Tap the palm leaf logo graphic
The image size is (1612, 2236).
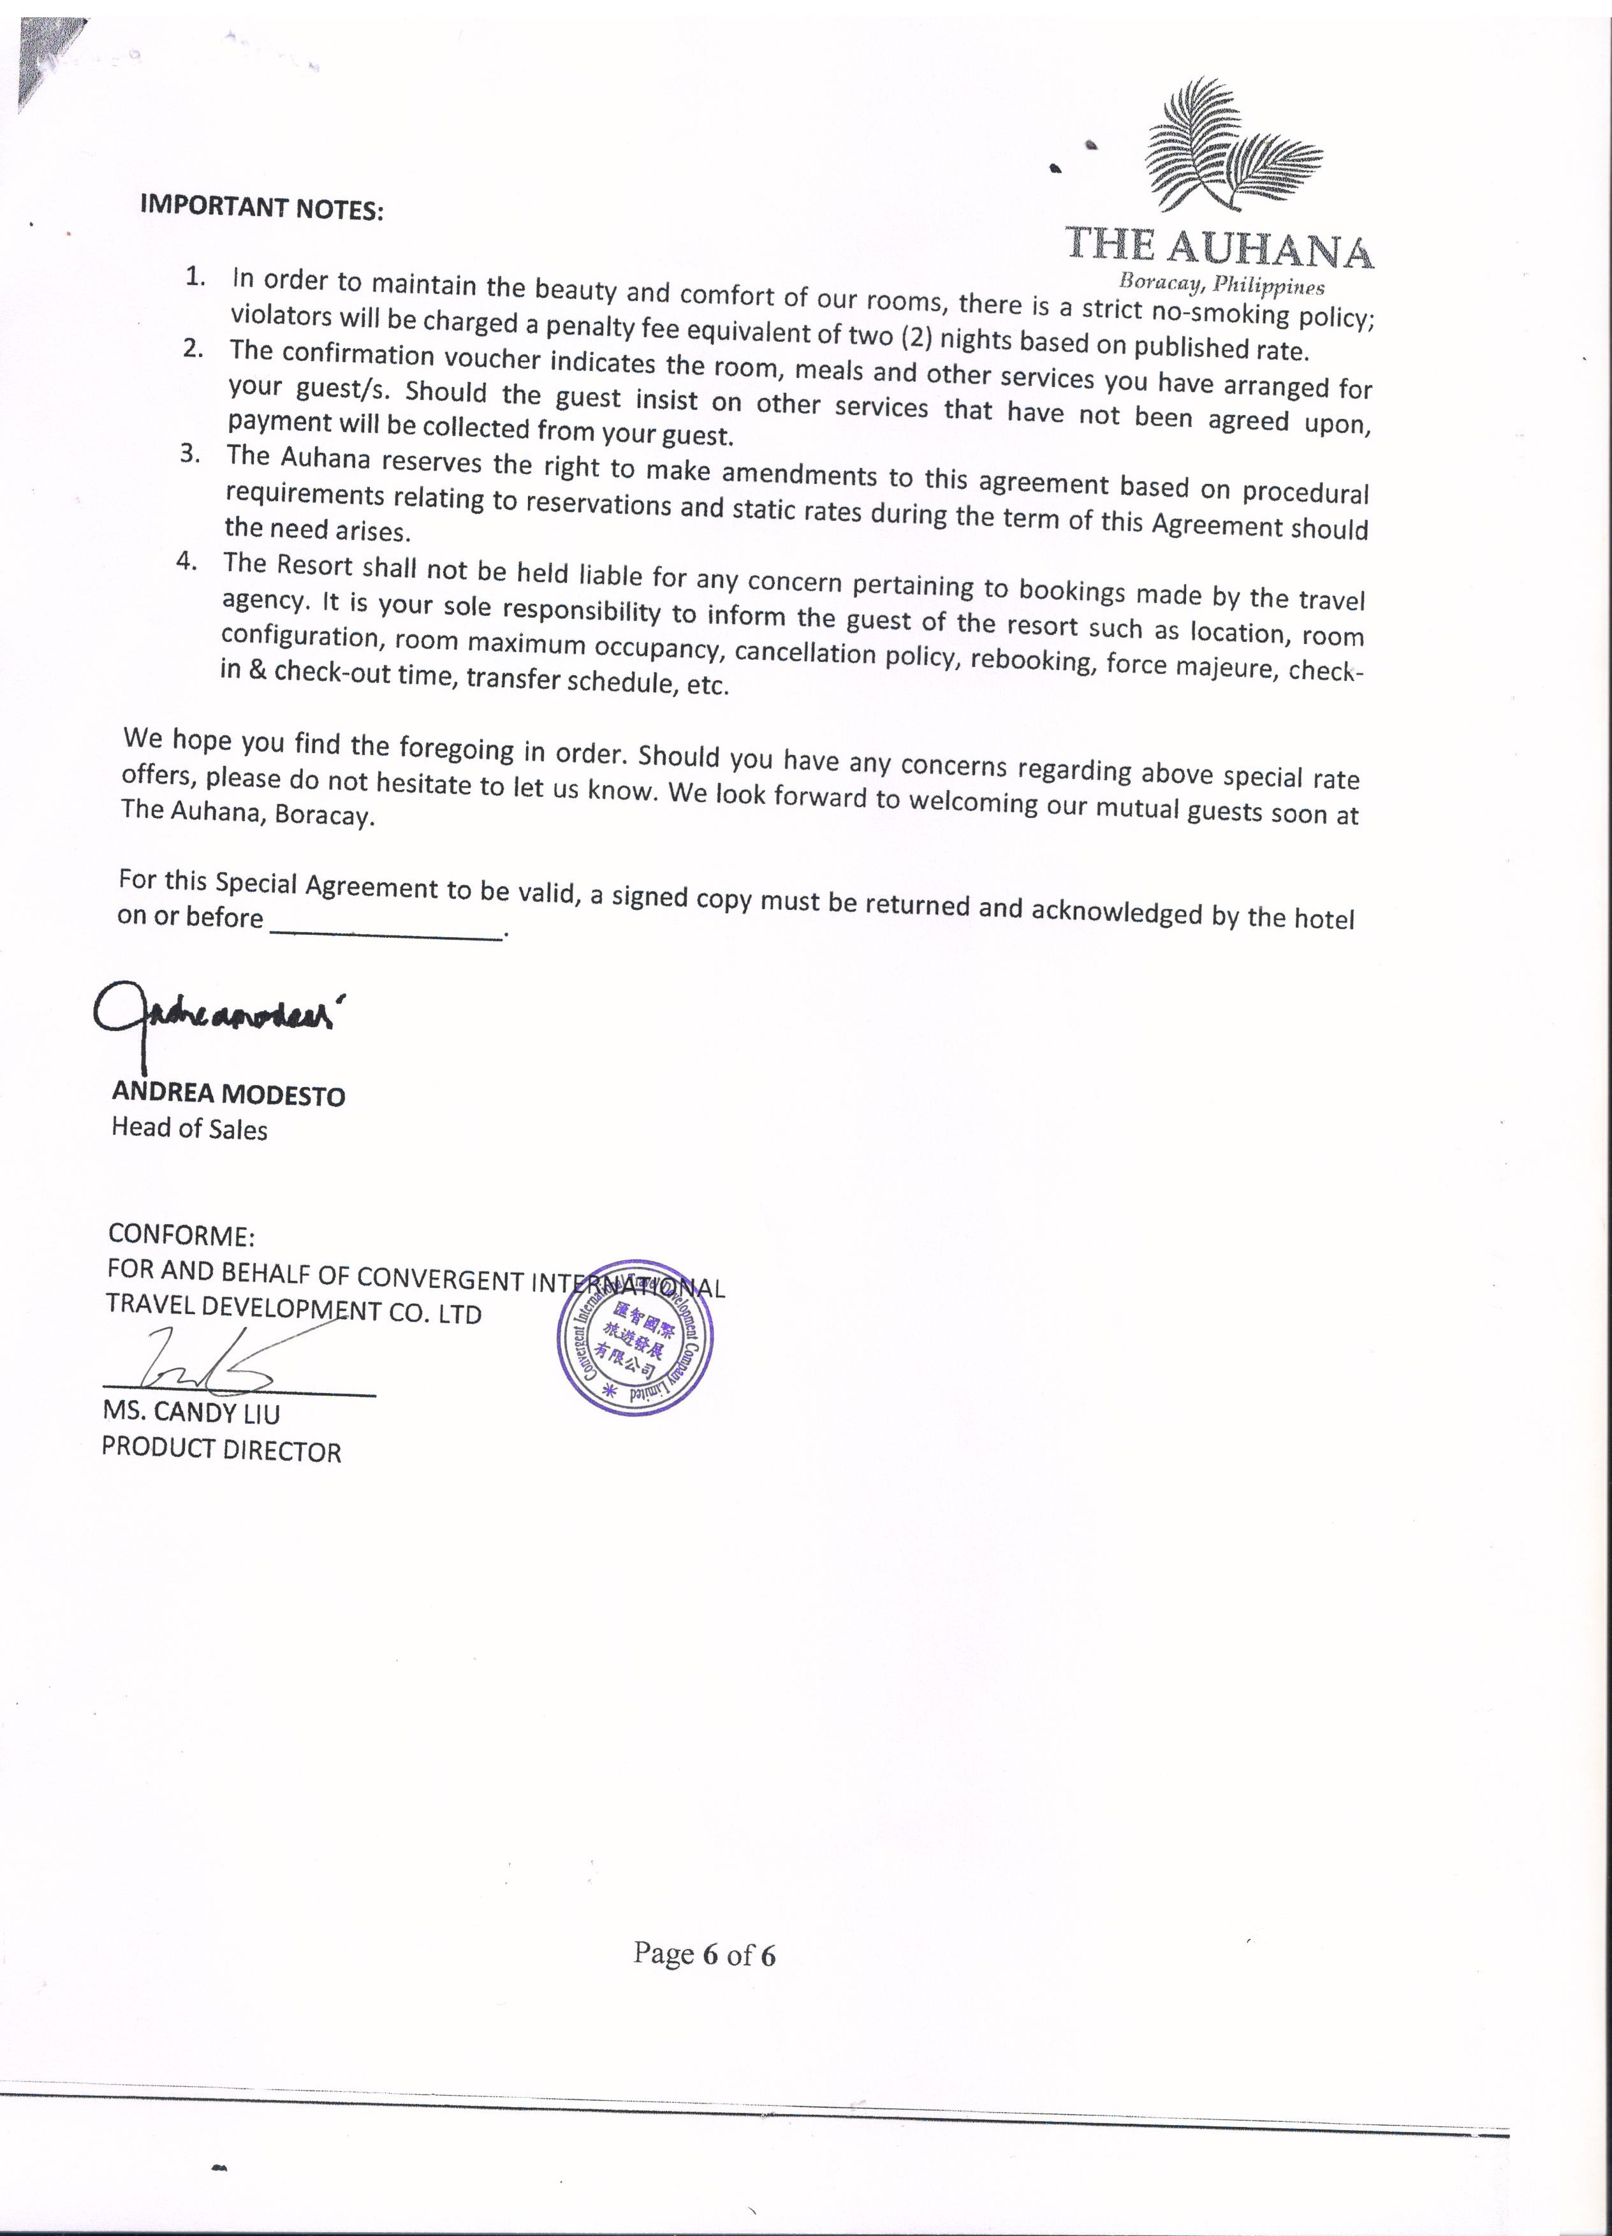click(1233, 148)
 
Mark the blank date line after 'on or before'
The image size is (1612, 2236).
click(385, 933)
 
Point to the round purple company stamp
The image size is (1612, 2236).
click(635, 1338)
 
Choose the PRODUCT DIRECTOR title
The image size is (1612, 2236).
click(222, 1450)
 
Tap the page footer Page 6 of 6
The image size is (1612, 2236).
click(704, 1954)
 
